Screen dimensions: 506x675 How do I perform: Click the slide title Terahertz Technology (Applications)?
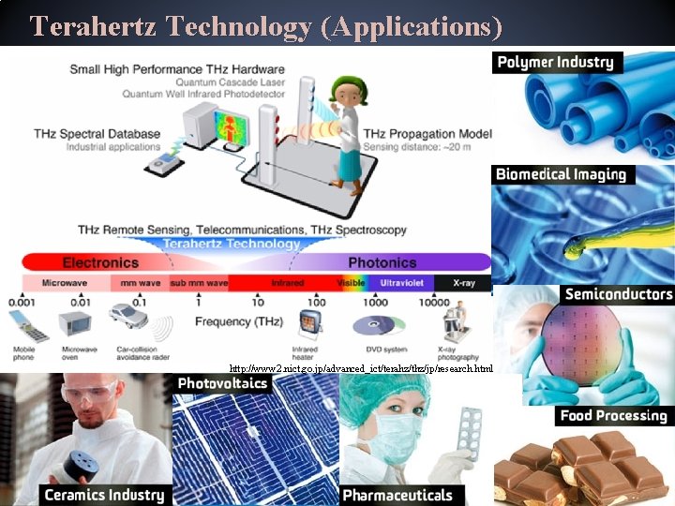(265, 25)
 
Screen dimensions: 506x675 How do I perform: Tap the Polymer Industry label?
(555, 63)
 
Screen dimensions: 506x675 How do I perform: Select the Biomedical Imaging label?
(560, 174)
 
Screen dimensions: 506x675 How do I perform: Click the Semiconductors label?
(618, 294)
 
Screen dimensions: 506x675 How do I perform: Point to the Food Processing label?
(613, 416)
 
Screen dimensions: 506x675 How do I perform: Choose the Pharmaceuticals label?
(397, 495)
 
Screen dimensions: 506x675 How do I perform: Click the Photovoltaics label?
(222, 383)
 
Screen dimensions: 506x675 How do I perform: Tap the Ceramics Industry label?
(104, 495)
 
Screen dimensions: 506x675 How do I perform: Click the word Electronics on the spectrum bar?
(100, 262)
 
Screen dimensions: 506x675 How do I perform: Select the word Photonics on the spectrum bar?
(382, 262)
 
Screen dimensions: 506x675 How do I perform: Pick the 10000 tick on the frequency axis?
(433, 303)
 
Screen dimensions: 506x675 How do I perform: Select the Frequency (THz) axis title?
(236, 322)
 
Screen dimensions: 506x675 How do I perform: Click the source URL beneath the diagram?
(361, 369)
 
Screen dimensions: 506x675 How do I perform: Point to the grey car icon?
(127, 317)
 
